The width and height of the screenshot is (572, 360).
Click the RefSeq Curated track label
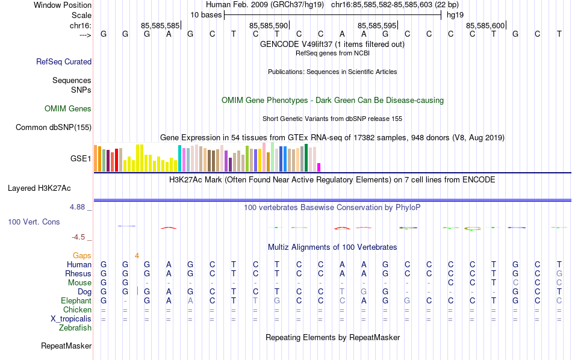64,61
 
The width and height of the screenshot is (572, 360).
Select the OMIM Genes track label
68,109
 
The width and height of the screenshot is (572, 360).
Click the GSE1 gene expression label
81,159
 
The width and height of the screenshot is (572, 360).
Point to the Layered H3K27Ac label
49,188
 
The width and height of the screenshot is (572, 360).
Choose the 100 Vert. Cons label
34,222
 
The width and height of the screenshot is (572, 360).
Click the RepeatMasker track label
66,346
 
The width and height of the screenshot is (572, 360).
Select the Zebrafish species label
75,328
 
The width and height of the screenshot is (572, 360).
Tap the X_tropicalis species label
71,319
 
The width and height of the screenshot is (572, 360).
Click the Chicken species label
77,310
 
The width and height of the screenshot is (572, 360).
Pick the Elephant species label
76,301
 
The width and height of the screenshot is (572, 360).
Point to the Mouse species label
79,283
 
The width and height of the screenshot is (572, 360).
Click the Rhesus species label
78,274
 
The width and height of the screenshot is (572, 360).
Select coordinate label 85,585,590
269,25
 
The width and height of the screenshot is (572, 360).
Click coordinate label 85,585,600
485,25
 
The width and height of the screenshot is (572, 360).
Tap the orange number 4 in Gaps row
137,256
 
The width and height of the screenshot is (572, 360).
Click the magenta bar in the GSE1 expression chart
319,167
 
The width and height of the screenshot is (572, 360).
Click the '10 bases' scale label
206,14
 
